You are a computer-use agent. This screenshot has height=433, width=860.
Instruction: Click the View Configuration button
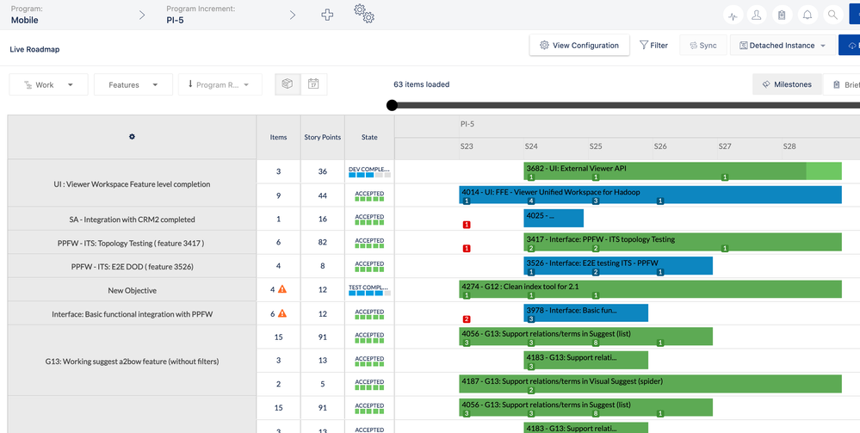[x=578, y=46]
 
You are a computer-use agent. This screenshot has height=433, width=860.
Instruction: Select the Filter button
[x=653, y=46]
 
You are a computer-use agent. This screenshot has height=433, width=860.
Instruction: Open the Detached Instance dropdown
[x=782, y=46]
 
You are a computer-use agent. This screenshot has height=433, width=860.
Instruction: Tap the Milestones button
[x=786, y=85]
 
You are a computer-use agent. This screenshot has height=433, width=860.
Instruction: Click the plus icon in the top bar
[x=327, y=15]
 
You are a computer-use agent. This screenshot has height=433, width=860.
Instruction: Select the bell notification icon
[x=807, y=15]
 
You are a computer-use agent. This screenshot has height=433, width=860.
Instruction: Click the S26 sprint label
[x=660, y=146]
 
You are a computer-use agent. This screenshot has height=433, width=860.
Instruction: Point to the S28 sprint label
[x=789, y=146]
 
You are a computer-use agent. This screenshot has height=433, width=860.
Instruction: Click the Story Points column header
[x=323, y=137]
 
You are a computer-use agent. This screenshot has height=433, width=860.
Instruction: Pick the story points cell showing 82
[x=323, y=244]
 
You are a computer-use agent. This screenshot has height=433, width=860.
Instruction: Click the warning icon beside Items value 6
[x=282, y=313]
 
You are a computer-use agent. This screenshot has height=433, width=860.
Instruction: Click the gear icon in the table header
[x=132, y=137]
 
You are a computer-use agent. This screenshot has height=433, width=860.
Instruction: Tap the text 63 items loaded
[x=421, y=84]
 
